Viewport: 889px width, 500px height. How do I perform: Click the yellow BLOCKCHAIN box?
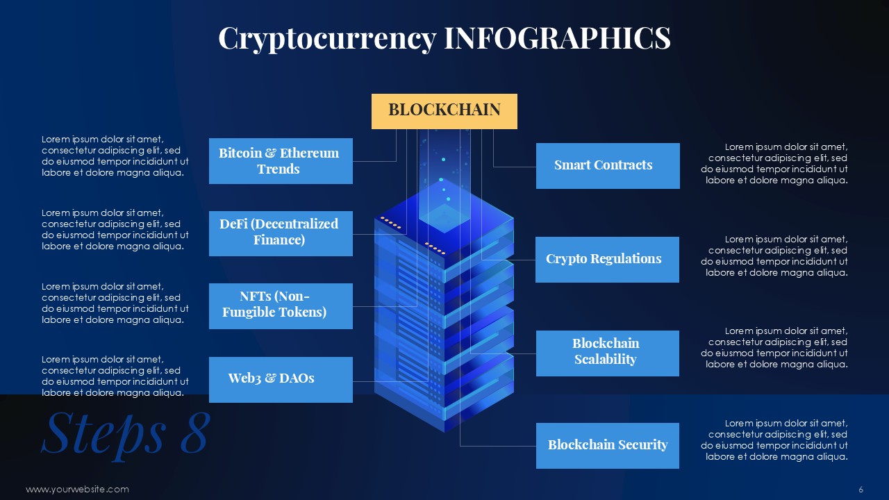click(444, 111)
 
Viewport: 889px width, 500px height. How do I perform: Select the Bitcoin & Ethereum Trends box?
click(281, 160)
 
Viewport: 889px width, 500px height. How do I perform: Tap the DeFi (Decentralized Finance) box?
click(281, 233)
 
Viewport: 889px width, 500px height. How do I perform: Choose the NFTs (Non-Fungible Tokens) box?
click(281, 306)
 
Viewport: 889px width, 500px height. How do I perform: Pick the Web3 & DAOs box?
click(281, 380)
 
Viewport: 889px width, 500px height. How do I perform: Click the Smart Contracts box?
click(608, 166)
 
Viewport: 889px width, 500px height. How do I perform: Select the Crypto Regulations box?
click(607, 260)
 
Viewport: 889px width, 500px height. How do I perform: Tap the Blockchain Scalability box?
click(608, 353)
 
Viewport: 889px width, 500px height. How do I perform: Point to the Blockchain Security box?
click(608, 446)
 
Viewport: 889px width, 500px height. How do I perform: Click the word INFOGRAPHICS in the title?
click(557, 37)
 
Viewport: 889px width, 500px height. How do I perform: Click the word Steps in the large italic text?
click(103, 435)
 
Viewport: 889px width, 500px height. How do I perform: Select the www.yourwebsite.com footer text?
click(77, 490)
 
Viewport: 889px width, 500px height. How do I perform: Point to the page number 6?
click(861, 490)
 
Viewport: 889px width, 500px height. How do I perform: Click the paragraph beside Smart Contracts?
click(774, 163)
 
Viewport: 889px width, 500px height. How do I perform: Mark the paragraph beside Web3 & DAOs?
click(115, 376)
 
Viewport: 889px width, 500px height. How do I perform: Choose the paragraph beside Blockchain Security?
click(774, 440)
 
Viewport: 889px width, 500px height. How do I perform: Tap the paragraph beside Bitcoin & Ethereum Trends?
click(115, 156)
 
